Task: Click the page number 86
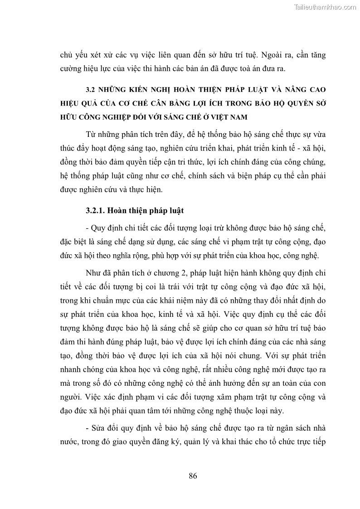tap(192, 475)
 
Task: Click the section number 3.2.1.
tap(96, 210)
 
